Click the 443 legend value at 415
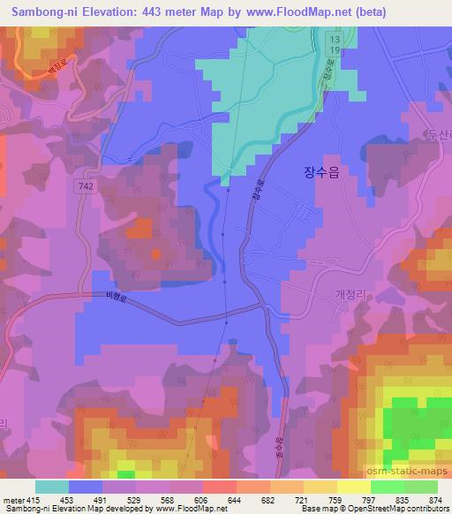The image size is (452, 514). (x=32, y=500)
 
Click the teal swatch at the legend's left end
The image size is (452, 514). (x=51, y=486)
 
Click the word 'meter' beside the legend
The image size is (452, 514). (x=11, y=500)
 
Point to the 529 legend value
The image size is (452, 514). (x=126, y=500)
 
